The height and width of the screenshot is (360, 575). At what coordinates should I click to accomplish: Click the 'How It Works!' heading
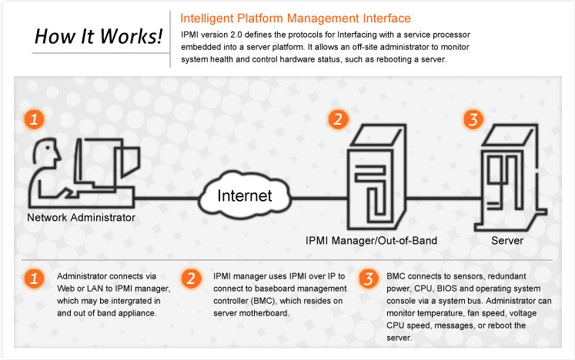99,36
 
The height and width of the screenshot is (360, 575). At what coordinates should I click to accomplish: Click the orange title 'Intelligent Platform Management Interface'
295,18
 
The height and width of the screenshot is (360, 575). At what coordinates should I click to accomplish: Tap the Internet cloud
244,196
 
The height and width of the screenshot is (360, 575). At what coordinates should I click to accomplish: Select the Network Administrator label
81,218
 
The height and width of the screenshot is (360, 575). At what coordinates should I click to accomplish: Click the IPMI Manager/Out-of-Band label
371,241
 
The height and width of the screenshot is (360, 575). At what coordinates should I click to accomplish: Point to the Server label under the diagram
508,241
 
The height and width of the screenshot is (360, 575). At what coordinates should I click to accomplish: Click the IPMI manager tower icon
372,177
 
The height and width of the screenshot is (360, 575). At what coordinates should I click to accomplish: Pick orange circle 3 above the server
473,118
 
